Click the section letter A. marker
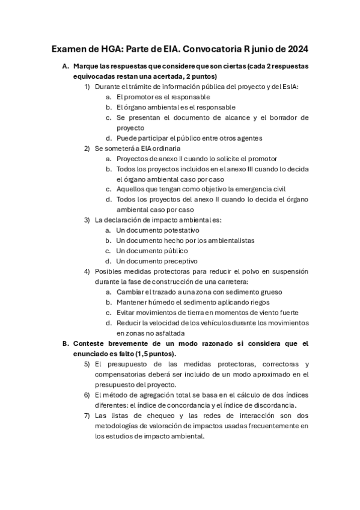tap(66, 66)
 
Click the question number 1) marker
tap(87, 87)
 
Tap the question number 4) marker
tap(87, 271)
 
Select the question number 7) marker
tap(87, 416)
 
